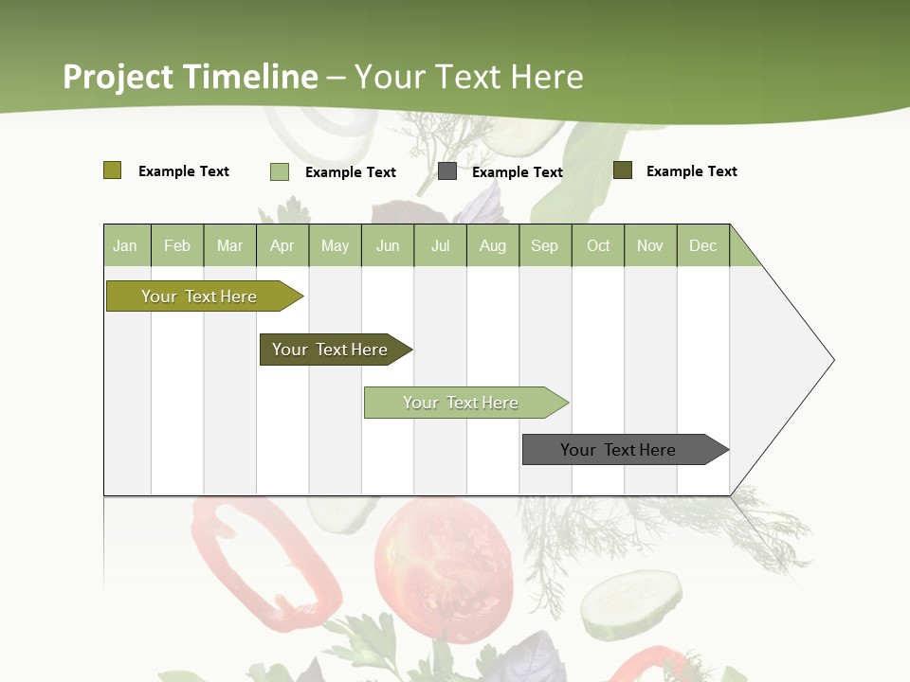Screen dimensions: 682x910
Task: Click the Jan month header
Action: (x=125, y=245)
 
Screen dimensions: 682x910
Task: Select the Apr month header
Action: (x=282, y=245)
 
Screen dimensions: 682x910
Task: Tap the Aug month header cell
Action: (x=492, y=245)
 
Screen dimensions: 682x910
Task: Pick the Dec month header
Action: (x=702, y=245)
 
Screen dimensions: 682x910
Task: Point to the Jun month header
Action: (x=388, y=245)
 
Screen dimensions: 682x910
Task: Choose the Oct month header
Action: (x=598, y=245)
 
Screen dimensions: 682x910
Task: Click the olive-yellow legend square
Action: (x=112, y=170)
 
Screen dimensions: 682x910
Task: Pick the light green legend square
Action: (x=279, y=171)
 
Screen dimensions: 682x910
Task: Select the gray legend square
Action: (x=447, y=171)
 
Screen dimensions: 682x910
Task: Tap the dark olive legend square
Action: (x=622, y=170)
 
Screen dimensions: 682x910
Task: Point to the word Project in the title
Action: (x=118, y=77)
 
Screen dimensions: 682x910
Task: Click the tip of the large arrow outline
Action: (x=832, y=360)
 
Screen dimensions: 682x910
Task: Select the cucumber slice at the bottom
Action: (x=630, y=603)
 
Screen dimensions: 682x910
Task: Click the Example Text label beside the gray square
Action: (x=517, y=172)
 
